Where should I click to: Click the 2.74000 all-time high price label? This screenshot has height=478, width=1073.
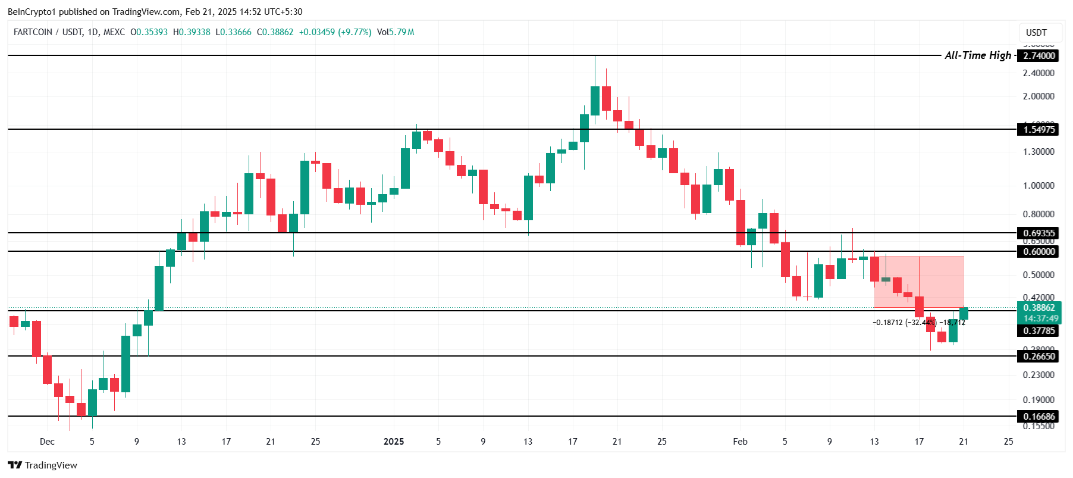tap(1039, 55)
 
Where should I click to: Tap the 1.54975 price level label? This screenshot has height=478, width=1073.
tap(1039, 129)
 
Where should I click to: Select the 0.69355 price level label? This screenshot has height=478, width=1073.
tap(1039, 233)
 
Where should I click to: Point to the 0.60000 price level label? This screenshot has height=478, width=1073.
tap(1039, 251)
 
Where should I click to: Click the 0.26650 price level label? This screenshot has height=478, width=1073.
tap(1039, 356)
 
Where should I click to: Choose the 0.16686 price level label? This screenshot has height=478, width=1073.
tap(1039, 416)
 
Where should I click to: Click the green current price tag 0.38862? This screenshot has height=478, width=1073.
tap(1039, 308)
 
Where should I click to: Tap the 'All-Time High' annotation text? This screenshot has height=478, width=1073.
tap(977, 55)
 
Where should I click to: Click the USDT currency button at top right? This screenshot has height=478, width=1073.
tap(1036, 32)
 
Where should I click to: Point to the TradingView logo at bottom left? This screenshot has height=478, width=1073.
tap(43, 465)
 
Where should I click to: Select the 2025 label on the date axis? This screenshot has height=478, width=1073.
tap(394, 441)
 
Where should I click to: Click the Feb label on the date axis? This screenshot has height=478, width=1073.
tap(740, 441)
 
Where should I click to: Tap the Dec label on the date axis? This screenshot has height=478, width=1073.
tap(47, 441)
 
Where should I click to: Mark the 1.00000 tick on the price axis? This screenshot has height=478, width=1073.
tap(1039, 185)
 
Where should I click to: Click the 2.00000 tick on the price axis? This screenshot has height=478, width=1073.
tap(1039, 96)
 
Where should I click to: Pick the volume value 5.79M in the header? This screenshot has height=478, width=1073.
tap(401, 32)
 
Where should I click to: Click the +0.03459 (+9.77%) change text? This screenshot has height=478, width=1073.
tap(335, 32)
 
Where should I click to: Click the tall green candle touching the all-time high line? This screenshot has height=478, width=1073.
tap(595, 100)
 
